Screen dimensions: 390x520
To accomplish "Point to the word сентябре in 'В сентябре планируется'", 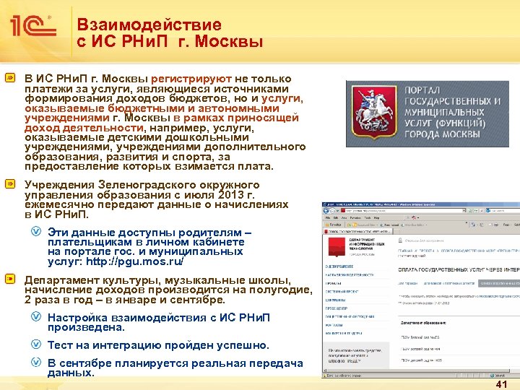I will pyautogui.click(x=86, y=363).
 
